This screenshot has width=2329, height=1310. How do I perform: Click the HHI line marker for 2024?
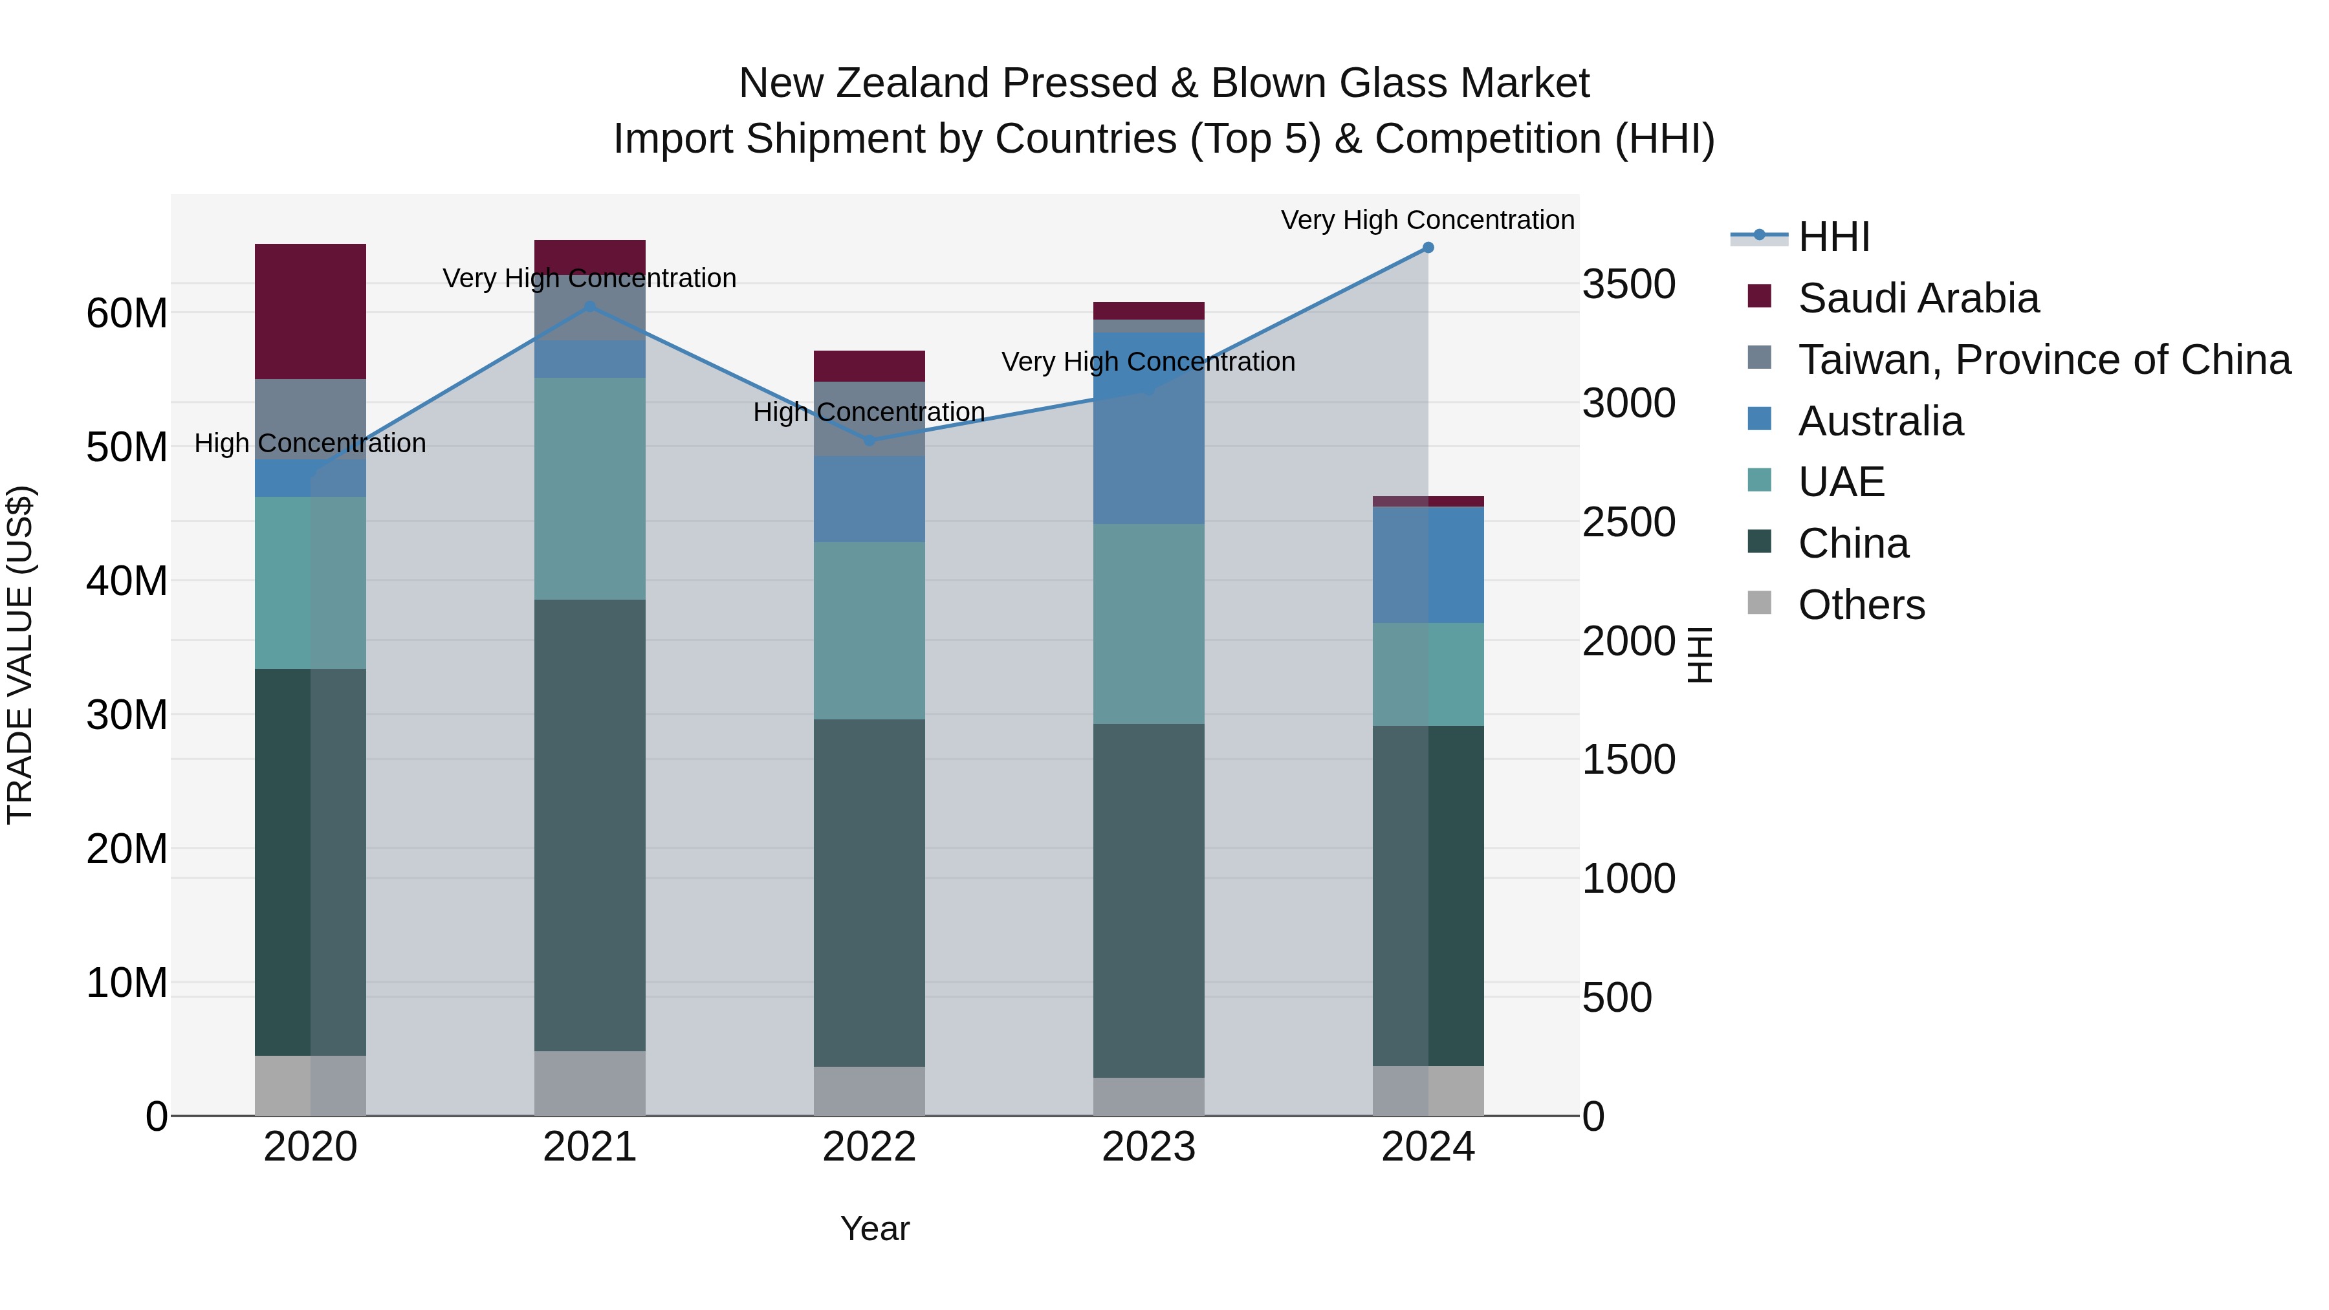(x=1428, y=248)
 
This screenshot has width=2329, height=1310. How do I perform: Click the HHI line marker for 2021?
(x=591, y=307)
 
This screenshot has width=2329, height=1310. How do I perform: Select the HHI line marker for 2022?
(x=869, y=441)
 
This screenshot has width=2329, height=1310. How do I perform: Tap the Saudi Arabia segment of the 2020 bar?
(x=310, y=312)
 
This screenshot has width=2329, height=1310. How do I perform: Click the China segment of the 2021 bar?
(x=591, y=825)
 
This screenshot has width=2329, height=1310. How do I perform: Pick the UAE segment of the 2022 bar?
(x=869, y=631)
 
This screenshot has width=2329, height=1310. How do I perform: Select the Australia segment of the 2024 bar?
(x=1428, y=565)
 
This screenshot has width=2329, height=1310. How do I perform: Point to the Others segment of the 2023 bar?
(x=1148, y=1097)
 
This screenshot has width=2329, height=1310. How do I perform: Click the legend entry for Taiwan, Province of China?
(x=2043, y=360)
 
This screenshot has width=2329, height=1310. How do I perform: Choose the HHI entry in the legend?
(x=1833, y=237)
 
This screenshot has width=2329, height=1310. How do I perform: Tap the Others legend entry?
(x=1861, y=605)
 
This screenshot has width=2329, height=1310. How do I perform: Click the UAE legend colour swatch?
(x=1760, y=481)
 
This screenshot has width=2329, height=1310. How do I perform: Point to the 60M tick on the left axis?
(x=127, y=314)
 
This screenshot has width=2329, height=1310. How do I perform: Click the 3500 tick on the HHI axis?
(x=1628, y=284)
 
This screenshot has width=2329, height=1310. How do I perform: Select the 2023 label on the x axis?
(x=1148, y=1147)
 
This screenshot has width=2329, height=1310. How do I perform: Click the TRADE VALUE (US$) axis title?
(x=20, y=655)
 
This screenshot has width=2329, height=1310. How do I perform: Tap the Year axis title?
(x=874, y=1228)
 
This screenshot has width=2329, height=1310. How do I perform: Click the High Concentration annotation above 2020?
(x=310, y=443)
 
